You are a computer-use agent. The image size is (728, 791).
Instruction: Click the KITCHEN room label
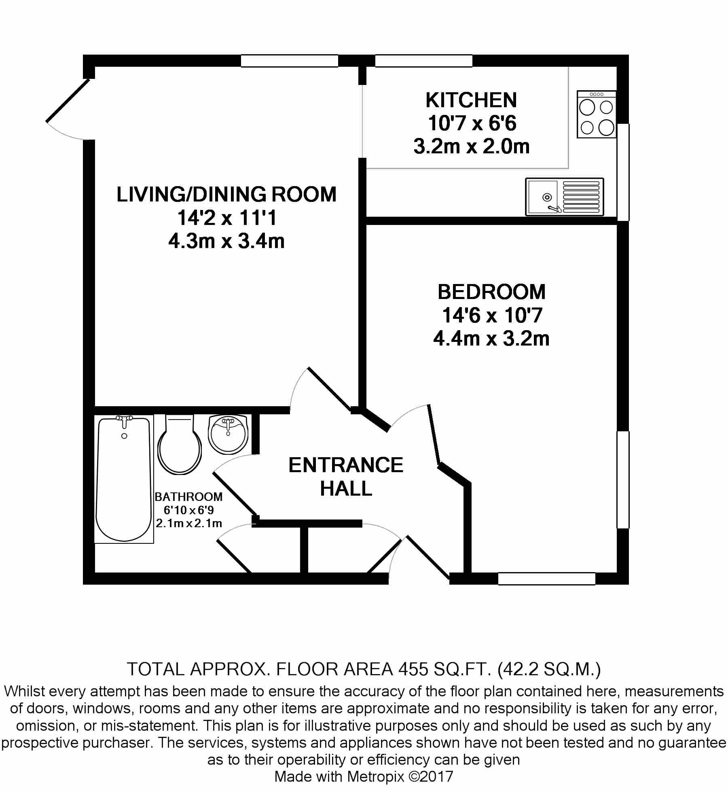click(471, 100)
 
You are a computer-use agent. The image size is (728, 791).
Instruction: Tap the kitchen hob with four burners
click(597, 115)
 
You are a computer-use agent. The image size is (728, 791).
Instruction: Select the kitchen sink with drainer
click(564, 197)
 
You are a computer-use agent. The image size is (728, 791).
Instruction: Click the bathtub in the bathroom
click(124, 479)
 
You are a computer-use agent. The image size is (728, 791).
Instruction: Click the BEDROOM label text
click(491, 292)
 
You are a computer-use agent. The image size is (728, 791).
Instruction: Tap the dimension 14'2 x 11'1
click(226, 218)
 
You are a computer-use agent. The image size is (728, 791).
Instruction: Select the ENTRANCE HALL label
click(346, 477)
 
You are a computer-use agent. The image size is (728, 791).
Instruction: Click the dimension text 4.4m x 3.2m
click(491, 339)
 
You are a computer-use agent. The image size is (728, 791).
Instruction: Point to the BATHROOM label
click(188, 496)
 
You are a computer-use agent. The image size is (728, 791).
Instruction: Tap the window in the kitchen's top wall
click(423, 61)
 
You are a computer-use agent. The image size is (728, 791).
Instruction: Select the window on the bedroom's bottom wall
click(546, 579)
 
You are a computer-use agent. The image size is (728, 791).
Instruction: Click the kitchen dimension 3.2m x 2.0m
click(471, 146)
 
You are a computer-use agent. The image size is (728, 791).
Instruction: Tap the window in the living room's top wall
click(289, 61)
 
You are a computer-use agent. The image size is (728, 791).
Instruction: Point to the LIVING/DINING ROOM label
click(226, 195)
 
